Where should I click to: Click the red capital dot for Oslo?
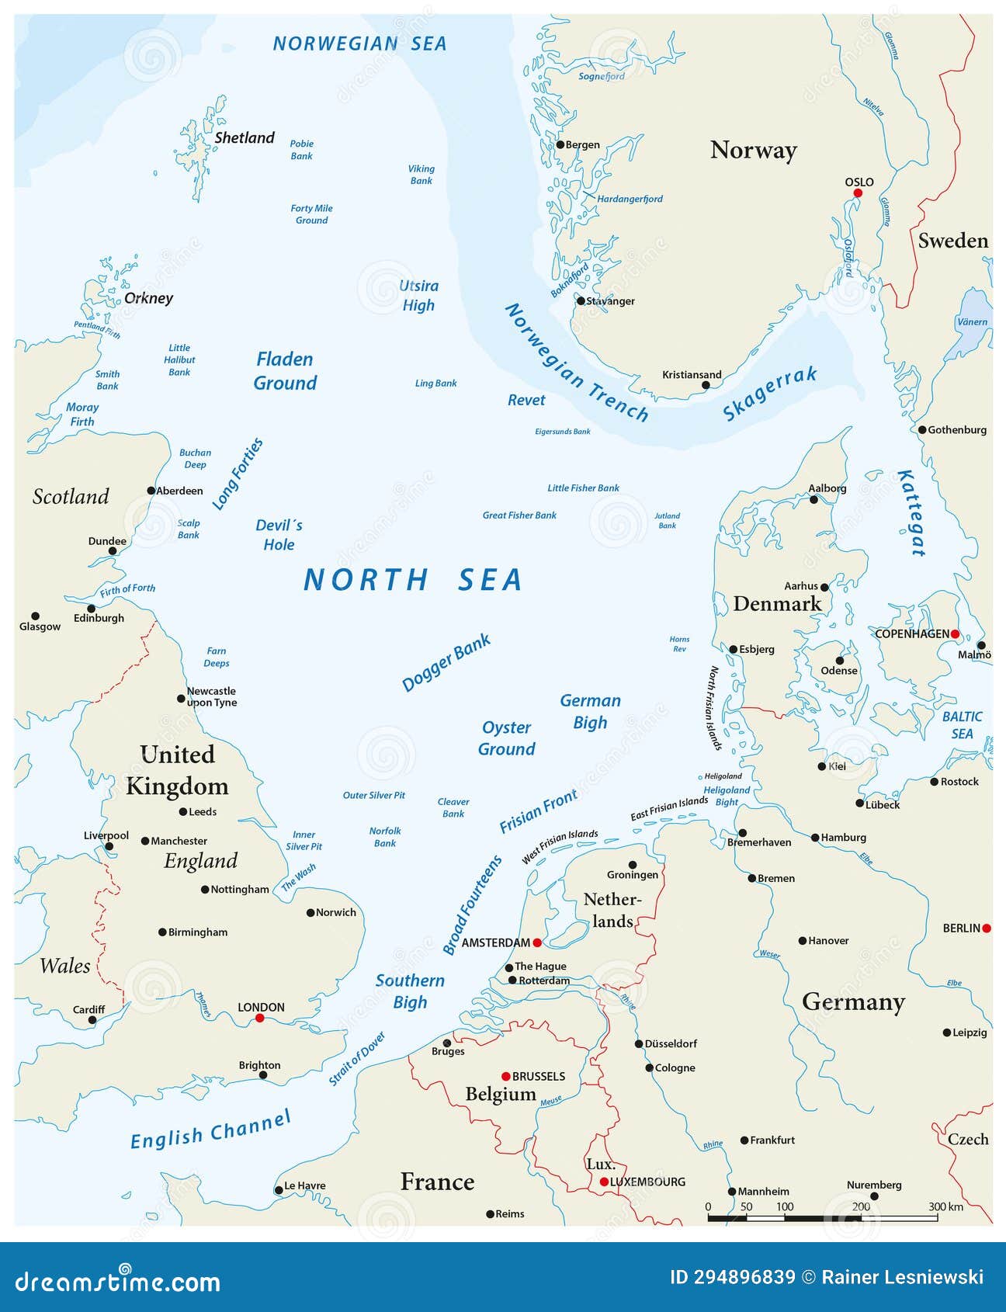pos(858,193)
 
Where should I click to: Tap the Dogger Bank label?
pos(446,662)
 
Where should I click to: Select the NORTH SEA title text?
pos(413,580)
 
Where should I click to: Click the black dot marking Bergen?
pos(560,144)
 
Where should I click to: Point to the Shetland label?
pos(244,138)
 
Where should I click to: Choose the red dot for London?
pos(260,1018)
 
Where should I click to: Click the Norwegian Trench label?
pos(576,363)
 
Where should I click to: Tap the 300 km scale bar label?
pos(945,1206)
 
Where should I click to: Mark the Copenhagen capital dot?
pos(955,634)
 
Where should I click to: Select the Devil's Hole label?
pos(279,535)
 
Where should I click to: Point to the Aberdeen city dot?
pos(151,491)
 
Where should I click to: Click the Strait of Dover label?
pos(356,1059)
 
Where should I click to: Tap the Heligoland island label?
pos(722,776)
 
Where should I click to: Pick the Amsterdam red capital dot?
pos(537,942)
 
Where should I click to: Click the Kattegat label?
pos(911,513)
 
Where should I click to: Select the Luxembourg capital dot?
pos(604,1182)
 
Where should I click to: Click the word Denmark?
pos(776,604)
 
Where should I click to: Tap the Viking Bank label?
pos(421,175)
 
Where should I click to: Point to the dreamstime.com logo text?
pos(118,1280)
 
